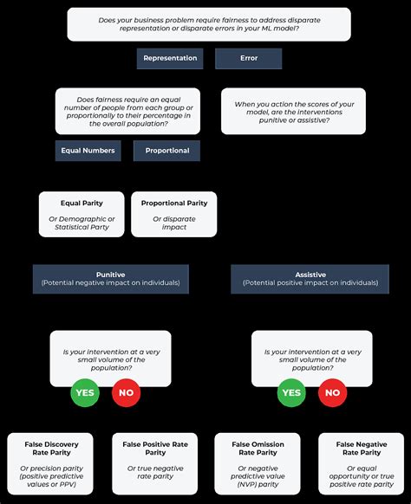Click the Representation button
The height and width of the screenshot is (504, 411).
point(170,59)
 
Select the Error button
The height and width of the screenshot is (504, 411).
point(248,59)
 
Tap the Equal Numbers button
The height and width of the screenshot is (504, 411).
point(88,151)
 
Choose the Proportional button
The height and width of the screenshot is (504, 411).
point(166,151)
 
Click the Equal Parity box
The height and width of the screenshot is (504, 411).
point(82,214)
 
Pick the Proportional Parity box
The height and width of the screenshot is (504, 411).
point(173,214)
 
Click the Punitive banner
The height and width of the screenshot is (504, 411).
point(110,278)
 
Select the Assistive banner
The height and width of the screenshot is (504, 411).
point(310,278)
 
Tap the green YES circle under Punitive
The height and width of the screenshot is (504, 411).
point(85,392)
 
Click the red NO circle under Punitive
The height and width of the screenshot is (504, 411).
point(126,392)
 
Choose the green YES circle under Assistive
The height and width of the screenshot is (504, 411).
point(291,392)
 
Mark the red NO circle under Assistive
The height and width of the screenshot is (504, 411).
point(331,392)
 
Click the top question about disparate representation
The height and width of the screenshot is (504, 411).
point(209,24)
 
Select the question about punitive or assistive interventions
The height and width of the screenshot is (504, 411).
point(293,111)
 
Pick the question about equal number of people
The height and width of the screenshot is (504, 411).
point(127,112)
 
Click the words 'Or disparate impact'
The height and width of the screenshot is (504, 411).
point(173,223)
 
